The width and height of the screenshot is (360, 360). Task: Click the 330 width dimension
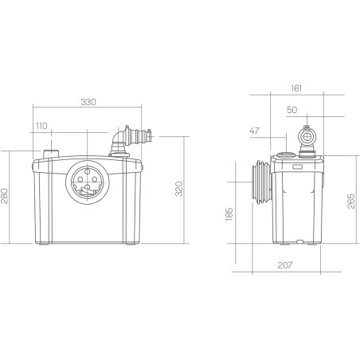pyautogui.click(x=88, y=102)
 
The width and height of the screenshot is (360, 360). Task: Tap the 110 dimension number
pyautogui.click(x=41, y=126)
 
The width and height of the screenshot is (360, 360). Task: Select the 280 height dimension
pyautogui.click(x=5, y=196)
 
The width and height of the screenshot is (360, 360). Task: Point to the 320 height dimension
pyautogui.click(x=179, y=189)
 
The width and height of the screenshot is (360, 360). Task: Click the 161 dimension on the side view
pyautogui.click(x=296, y=88)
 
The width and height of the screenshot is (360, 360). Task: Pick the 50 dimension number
pyautogui.click(x=292, y=110)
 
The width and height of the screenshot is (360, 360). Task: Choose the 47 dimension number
pyautogui.click(x=255, y=131)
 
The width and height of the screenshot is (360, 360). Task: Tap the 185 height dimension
pyautogui.click(x=229, y=214)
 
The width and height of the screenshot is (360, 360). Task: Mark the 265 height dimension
pyautogui.click(x=351, y=201)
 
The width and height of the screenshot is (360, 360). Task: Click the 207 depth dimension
pyautogui.click(x=285, y=265)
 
